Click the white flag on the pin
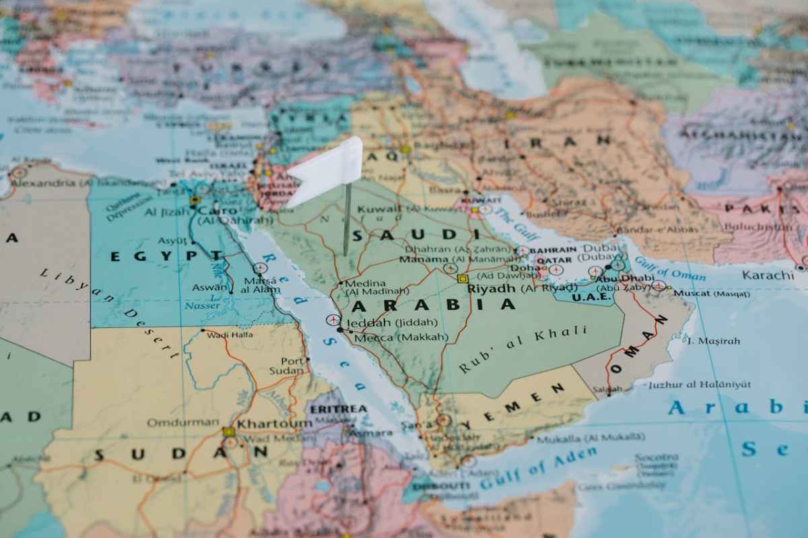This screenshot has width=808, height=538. coord(327,168)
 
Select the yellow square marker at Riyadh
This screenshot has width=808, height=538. coord(463,278)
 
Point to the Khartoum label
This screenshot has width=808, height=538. coord(274,424)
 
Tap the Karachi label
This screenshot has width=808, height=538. coord(768,275)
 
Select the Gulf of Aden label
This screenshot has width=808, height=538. coord(539,469)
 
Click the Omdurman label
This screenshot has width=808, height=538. coord(174,423)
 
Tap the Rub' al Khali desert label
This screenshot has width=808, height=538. coord(523,349)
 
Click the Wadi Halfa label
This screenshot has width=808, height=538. coord(230,335)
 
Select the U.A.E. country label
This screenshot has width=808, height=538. coord(591,296)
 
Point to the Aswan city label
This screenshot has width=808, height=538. coord(209,287)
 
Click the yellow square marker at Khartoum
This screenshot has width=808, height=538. coord(229,432)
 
